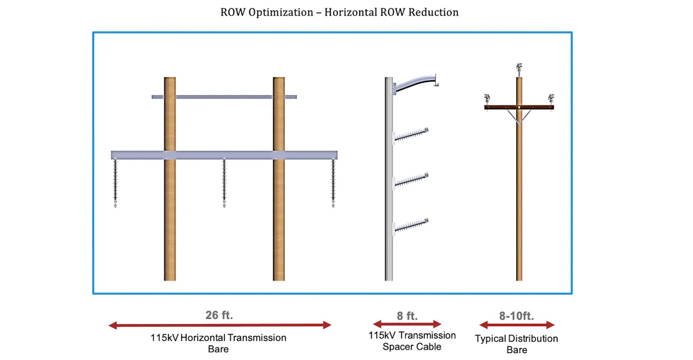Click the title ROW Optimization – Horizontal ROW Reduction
pos(340,12)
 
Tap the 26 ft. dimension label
pos(219,315)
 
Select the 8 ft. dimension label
pos(407,316)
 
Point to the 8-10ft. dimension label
pos(516,316)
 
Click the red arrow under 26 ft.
pos(220,325)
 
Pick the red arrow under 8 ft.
pos(407,324)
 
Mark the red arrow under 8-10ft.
pos(517,325)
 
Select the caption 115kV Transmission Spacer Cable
pos(412,341)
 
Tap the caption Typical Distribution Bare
pos(516,344)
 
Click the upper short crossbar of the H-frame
pos(224,97)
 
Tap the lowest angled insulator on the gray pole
pos(411,226)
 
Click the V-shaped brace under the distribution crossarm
pos(519,118)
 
